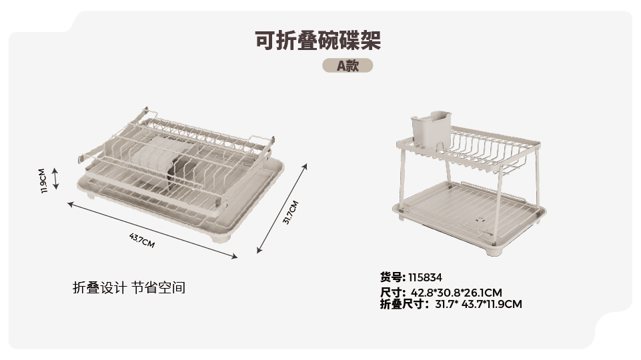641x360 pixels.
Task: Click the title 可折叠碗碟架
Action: point(318,41)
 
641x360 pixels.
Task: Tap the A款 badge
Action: point(348,65)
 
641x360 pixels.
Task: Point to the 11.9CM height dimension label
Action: point(43,181)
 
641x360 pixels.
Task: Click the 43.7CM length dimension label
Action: point(142,240)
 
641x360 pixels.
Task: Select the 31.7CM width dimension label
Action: point(291,213)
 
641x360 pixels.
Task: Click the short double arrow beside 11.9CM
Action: point(55,179)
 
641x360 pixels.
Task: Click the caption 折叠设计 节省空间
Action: point(129,288)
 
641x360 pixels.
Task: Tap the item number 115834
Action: point(425,278)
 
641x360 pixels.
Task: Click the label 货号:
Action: point(393,277)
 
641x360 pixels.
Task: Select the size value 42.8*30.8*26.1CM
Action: point(456,293)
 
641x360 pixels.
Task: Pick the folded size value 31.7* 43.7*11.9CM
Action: point(478,305)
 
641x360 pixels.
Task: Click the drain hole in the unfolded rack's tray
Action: point(480,220)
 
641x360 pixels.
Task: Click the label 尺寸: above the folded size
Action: point(393,293)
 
